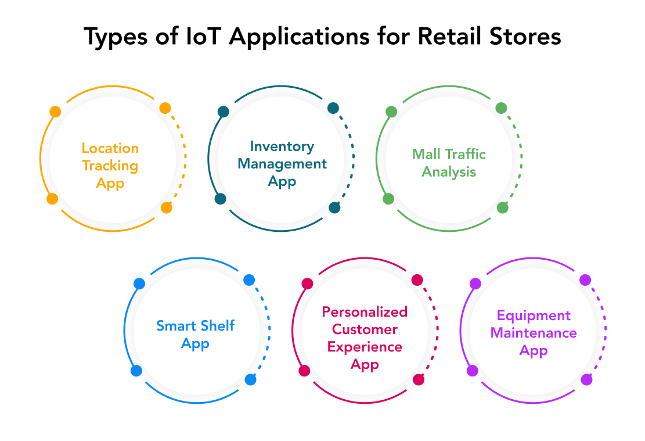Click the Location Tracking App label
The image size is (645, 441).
[x=110, y=166]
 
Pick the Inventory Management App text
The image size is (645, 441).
[x=282, y=164]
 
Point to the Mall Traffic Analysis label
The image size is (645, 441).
[x=449, y=163]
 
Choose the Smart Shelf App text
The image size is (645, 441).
[x=195, y=335]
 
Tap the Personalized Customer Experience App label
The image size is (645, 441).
[x=365, y=338]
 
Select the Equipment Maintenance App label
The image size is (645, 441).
[x=533, y=333]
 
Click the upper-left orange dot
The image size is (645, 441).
[x=55, y=112]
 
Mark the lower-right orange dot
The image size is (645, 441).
[x=167, y=207]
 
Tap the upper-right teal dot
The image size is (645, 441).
[x=333, y=108]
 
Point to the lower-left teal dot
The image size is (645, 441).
[x=220, y=199]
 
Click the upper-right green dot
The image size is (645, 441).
[x=501, y=108]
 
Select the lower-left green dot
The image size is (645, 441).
[x=388, y=199]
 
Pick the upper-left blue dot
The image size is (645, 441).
[x=139, y=284]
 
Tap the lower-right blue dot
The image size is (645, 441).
[x=250, y=379]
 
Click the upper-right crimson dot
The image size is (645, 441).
[x=417, y=280]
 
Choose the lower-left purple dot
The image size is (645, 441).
[x=473, y=371]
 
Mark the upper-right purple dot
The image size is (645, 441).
[x=585, y=280]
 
